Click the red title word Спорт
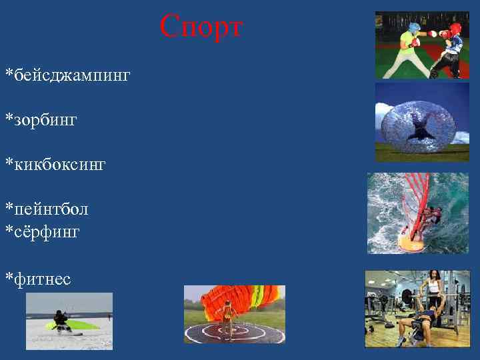(x=202, y=28)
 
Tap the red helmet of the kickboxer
(x=455, y=31)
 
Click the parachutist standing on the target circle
(x=227, y=318)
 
